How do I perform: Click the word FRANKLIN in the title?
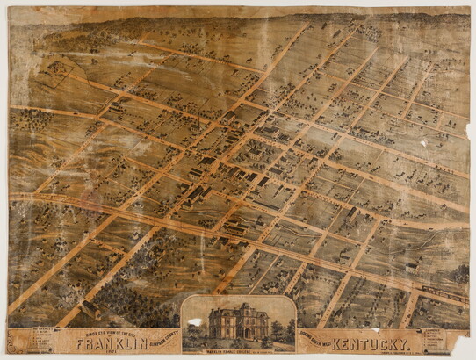(109, 343)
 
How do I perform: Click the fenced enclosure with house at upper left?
(55, 70)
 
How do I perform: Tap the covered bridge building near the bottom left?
(89, 309)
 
